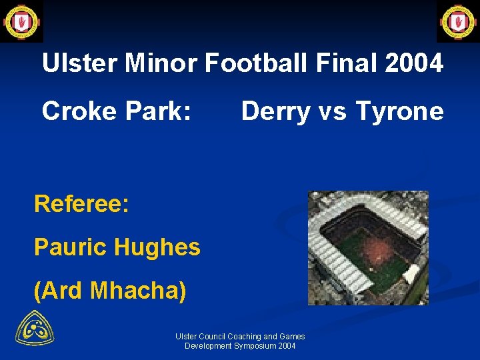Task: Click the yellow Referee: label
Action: (x=81, y=204)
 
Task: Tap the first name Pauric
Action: (x=71, y=247)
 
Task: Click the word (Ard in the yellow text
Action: (x=58, y=291)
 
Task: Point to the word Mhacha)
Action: (x=138, y=291)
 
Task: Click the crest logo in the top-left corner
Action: (x=21, y=21)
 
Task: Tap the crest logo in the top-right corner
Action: (x=457, y=21)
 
